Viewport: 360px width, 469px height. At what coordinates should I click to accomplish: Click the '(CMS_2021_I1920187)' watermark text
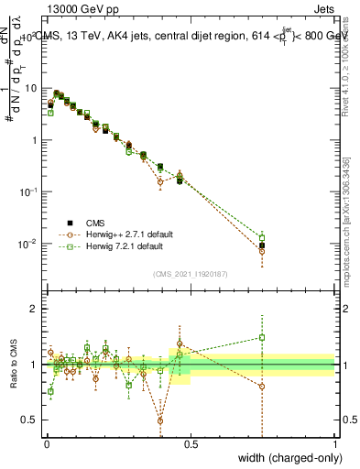(191, 273)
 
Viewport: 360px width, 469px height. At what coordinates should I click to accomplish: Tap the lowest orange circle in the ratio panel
(160, 421)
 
